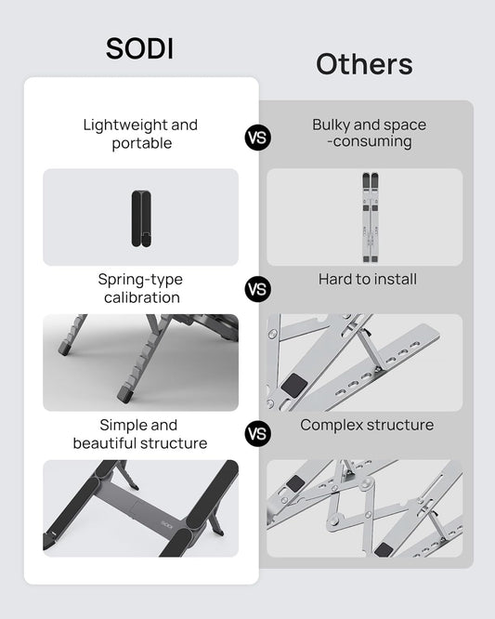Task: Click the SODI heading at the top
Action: [139, 48]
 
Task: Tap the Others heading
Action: [364, 64]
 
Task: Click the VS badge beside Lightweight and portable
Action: [258, 138]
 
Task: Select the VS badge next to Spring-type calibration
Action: [258, 289]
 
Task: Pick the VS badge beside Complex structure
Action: [258, 433]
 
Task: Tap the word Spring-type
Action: [140, 280]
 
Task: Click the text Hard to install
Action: [368, 279]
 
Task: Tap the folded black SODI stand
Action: [141, 218]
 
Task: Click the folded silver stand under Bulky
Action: [371, 217]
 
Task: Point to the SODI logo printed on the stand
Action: [167, 524]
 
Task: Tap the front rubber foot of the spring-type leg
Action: [124, 394]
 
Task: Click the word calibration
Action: [142, 297]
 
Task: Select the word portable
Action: [142, 143]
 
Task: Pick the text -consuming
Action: [370, 141]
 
